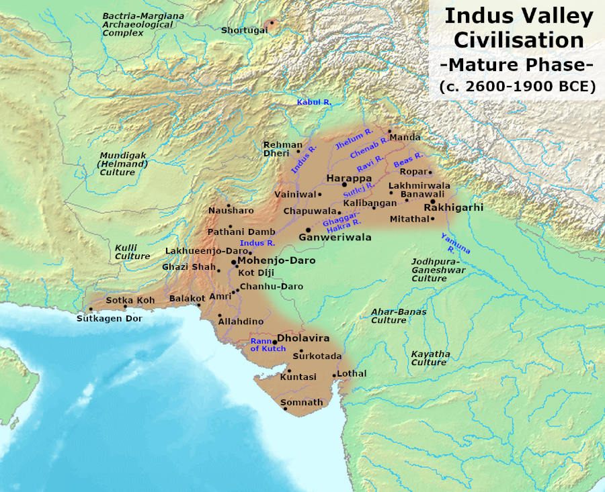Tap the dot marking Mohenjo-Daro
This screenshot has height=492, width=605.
pyautogui.click(x=233, y=261)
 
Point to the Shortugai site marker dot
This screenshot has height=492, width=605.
pyautogui.click(x=272, y=23)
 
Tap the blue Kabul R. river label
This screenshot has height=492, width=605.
pyautogui.click(x=315, y=101)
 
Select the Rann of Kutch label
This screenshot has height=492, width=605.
pyautogui.click(x=264, y=344)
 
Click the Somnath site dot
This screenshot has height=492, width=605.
pyautogui.click(x=286, y=409)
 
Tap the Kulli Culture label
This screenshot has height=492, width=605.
pyautogui.click(x=132, y=252)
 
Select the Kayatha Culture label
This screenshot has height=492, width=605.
pyautogui.click(x=430, y=358)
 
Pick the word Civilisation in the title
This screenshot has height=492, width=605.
pyautogui.click(x=518, y=40)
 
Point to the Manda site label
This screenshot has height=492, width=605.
pyautogui.click(x=405, y=137)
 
